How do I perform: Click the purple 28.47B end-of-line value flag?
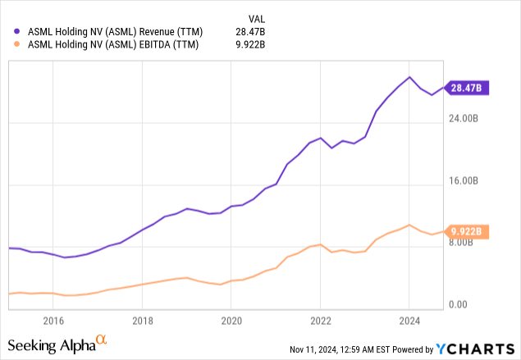(468, 88)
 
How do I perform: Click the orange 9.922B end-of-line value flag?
(468, 231)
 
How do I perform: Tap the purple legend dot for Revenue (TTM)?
(18, 31)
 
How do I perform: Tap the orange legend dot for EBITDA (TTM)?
(18, 45)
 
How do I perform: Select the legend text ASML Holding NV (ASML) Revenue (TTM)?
(115, 31)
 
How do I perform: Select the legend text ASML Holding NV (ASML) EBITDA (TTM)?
(112, 45)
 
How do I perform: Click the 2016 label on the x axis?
(53, 321)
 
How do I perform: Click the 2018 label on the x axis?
(143, 321)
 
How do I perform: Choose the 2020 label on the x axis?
(231, 321)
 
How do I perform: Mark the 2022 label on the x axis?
(320, 321)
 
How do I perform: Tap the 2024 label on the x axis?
(409, 321)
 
